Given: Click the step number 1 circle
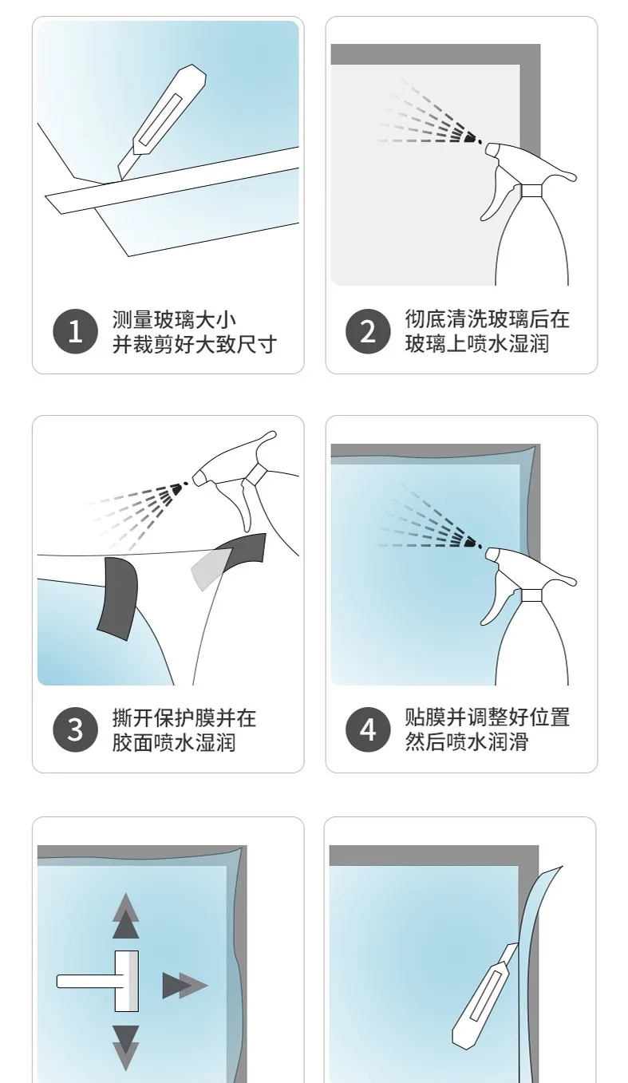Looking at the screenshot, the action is [76, 331].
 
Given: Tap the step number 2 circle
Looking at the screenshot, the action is [368, 331].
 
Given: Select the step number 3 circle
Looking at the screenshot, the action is [76, 729].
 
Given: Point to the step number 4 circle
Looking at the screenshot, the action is [368, 729].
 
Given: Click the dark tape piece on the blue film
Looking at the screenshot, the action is [117, 598].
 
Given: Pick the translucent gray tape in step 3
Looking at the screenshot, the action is [208, 568].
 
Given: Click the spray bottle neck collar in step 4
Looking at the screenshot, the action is [531, 595].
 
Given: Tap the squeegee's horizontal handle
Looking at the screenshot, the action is [86, 981].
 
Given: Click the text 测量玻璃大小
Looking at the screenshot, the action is [175, 319].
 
